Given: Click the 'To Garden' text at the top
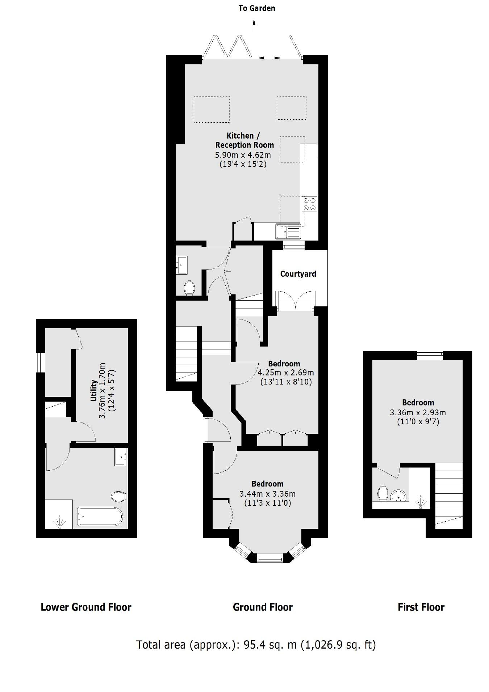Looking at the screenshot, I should pos(256,8).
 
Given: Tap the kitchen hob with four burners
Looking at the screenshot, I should pos(309,204).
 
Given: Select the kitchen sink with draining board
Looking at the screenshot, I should pos(288,232).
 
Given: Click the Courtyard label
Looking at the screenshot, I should pos(298,274).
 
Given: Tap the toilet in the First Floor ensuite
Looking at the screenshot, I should pos(383,493).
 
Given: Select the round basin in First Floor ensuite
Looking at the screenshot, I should pos(400,495).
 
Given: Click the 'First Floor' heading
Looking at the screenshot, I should pos(421,607).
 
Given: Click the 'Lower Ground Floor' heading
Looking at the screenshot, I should pos(86,607).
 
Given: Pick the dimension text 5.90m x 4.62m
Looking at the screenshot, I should pos(243,155).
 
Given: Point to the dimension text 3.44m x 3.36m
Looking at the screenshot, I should pos(267,494).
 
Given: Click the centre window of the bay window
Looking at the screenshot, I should pos(269,559).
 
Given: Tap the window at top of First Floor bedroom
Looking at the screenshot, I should pos(430,355).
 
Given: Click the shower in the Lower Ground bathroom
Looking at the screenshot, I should pos(59,514).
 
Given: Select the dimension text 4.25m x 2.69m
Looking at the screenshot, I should pos(285,373).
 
